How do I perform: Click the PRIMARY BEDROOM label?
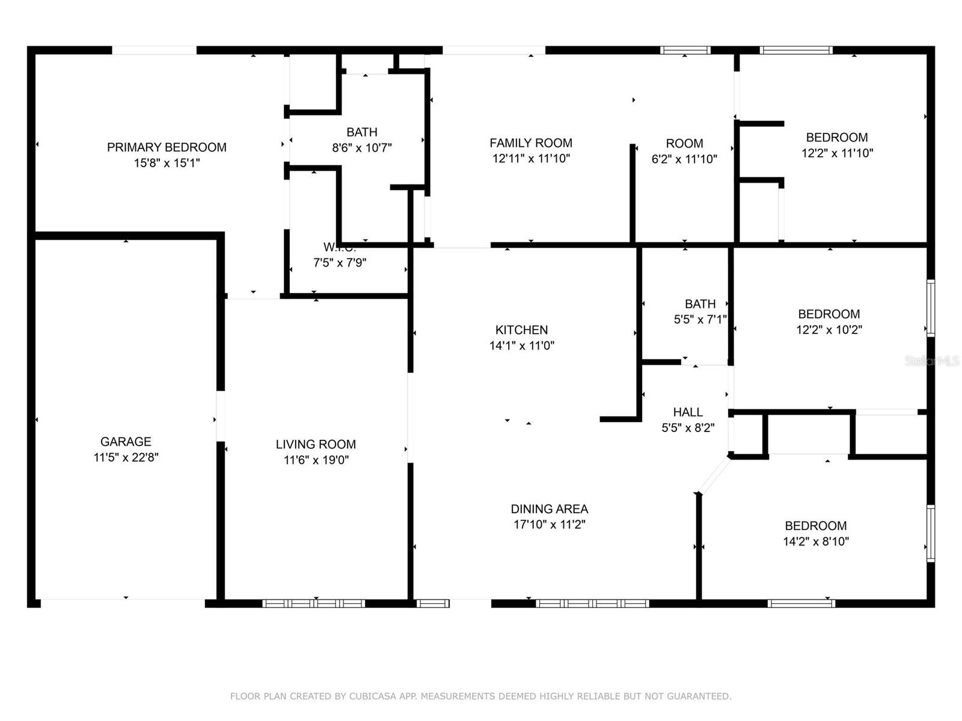(x=167, y=147)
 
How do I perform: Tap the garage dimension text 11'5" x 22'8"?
(x=126, y=457)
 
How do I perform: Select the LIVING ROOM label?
(x=316, y=445)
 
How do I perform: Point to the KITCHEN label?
(x=521, y=330)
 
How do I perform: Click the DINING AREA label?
(x=549, y=509)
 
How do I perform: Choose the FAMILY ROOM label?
(x=530, y=143)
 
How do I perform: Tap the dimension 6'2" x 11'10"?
(x=684, y=159)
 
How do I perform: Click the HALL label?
(x=688, y=412)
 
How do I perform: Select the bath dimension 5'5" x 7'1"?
(x=700, y=320)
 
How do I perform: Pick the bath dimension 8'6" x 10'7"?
(x=362, y=148)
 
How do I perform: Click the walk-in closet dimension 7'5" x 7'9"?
(x=340, y=263)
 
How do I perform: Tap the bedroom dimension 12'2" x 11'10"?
(x=837, y=153)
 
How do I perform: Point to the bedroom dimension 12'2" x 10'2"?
(x=829, y=330)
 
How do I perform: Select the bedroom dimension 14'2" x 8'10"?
(x=816, y=541)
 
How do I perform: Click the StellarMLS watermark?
(x=932, y=361)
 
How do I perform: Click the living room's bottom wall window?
(x=314, y=603)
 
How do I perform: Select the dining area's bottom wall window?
(x=592, y=603)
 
